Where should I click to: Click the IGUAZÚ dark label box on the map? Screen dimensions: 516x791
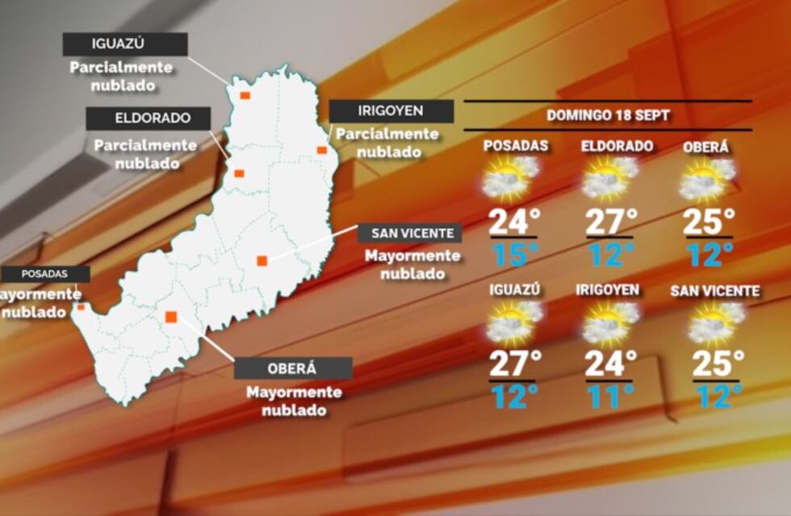[125, 44]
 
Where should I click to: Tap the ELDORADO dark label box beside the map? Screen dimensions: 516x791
[149, 119]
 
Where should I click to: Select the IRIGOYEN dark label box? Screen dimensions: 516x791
[391, 111]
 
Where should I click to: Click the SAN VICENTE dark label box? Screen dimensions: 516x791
[412, 234]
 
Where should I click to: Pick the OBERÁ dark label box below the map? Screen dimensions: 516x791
[293, 368]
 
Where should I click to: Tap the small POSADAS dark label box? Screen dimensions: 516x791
[44, 274]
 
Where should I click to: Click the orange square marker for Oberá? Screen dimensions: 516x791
[171, 317]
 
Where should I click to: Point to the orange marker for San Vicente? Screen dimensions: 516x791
[262, 260]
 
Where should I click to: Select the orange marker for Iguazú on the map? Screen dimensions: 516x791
[245, 95]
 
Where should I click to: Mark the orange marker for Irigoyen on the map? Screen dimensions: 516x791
[321, 150]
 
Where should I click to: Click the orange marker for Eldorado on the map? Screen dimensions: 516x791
[239, 173]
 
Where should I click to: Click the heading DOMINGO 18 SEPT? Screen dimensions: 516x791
[608, 115]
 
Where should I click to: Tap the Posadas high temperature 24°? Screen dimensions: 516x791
[514, 220]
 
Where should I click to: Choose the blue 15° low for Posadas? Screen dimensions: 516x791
[514, 255]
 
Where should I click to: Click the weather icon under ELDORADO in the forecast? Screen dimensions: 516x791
[609, 178]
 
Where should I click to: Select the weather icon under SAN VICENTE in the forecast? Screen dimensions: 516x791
[715, 322]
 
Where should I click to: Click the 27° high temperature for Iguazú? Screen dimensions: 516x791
[514, 363]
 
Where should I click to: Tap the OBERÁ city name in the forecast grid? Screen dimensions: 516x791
[705, 148]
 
